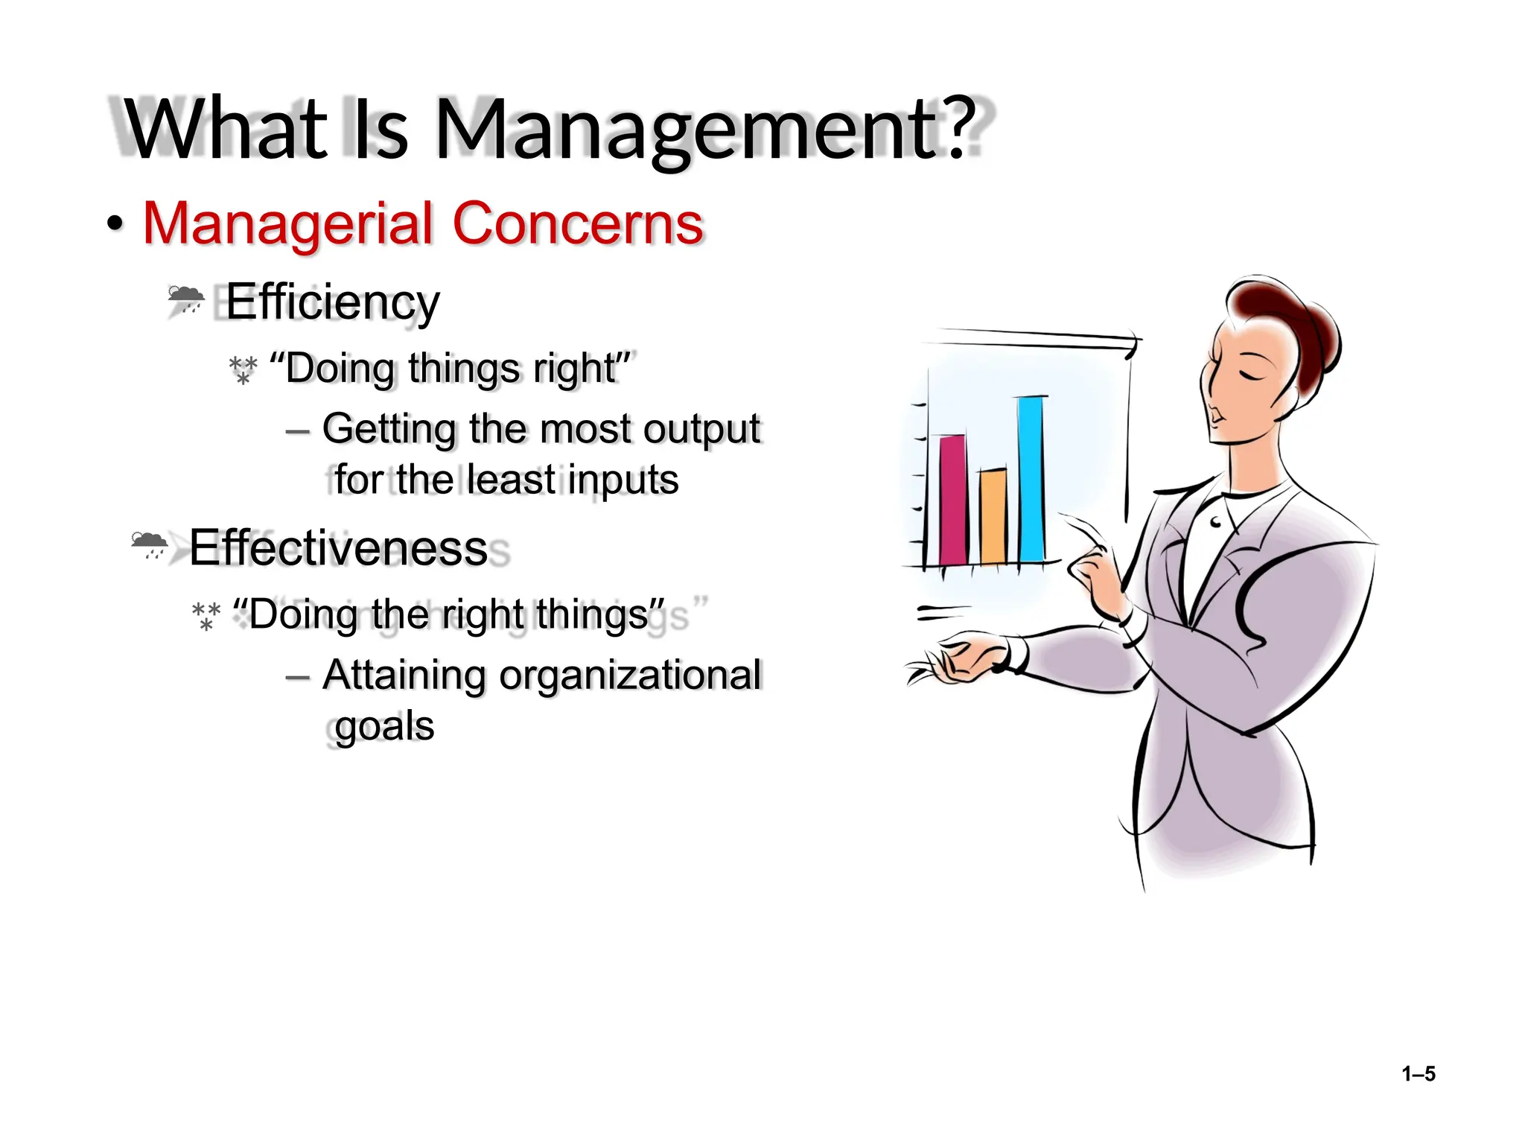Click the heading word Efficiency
click(332, 302)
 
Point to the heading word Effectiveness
click(338, 548)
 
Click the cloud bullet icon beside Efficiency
click(185, 299)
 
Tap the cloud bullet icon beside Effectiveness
click(149, 544)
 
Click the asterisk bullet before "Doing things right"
click(243, 369)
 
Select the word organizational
click(630, 675)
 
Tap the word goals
click(384, 725)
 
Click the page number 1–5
click(1418, 1074)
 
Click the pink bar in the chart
click(953, 499)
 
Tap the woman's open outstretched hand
click(961, 660)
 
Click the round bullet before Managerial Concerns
click(115, 223)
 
